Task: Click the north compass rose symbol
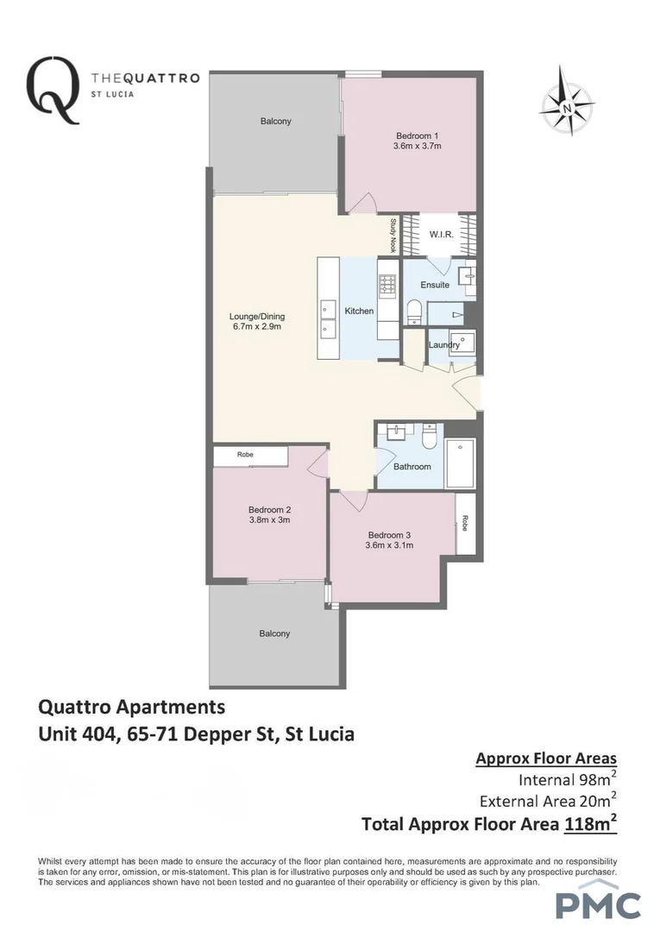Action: (567, 107)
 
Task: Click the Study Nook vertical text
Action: (393, 235)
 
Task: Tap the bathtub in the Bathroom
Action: (460, 463)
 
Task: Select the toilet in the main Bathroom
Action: (428, 438)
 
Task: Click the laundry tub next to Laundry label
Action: (462, 343)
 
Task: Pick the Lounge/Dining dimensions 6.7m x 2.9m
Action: (258, 327)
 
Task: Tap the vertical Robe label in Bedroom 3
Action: (465, 522)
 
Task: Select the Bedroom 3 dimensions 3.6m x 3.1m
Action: (389, 545)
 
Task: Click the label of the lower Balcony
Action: (275, 633)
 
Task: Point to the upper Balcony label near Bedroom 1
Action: (275, 122)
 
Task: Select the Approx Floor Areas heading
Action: (546, 759)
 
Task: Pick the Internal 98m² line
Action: (567, 780)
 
